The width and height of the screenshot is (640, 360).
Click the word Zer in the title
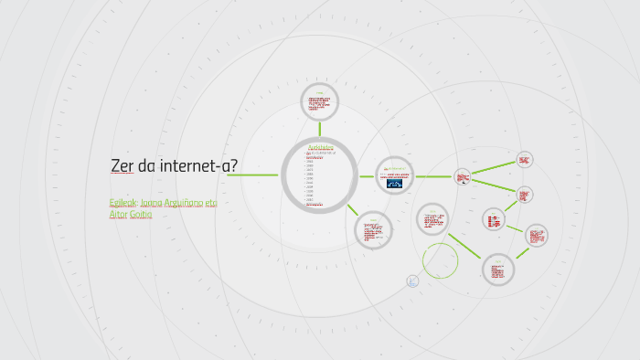click(122, 166)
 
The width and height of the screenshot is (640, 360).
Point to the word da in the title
click(146, 166)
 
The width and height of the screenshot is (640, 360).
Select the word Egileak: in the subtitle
click(123, 202)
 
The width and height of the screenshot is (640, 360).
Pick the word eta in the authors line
click(210, 202)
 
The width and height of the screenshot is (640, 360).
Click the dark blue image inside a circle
click(396, 183)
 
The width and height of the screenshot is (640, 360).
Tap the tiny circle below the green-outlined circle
click(412, 281)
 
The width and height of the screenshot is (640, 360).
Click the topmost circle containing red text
click(320, 102)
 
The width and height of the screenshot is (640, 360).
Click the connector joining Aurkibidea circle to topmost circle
click(320, 128)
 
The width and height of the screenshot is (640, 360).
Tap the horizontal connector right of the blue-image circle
click(433, 175)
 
